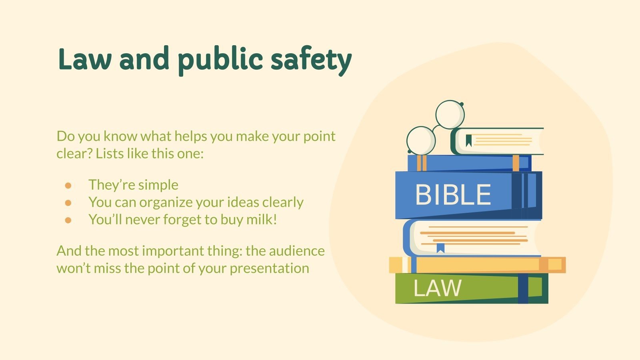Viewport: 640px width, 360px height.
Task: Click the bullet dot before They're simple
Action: pos(68,186)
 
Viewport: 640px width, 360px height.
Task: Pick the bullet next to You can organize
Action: pos(68,203)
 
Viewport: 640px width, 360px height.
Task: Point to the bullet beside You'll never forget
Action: pos(68,220)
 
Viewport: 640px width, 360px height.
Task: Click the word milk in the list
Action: pos(260,219)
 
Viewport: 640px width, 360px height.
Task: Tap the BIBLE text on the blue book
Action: pos(453,195)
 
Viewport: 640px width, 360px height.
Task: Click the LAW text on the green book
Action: pos(437,288)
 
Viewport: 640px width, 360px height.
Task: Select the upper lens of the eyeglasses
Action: pos(450,114)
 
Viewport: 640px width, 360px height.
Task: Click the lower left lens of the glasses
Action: pos(420,141)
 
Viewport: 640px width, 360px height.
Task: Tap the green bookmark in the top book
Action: pos(468,140)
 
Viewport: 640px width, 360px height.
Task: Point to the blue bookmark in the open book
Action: pos(440,248)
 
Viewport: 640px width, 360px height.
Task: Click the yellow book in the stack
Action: pos(476,265)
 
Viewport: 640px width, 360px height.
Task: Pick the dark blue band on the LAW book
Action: pos(523,289)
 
